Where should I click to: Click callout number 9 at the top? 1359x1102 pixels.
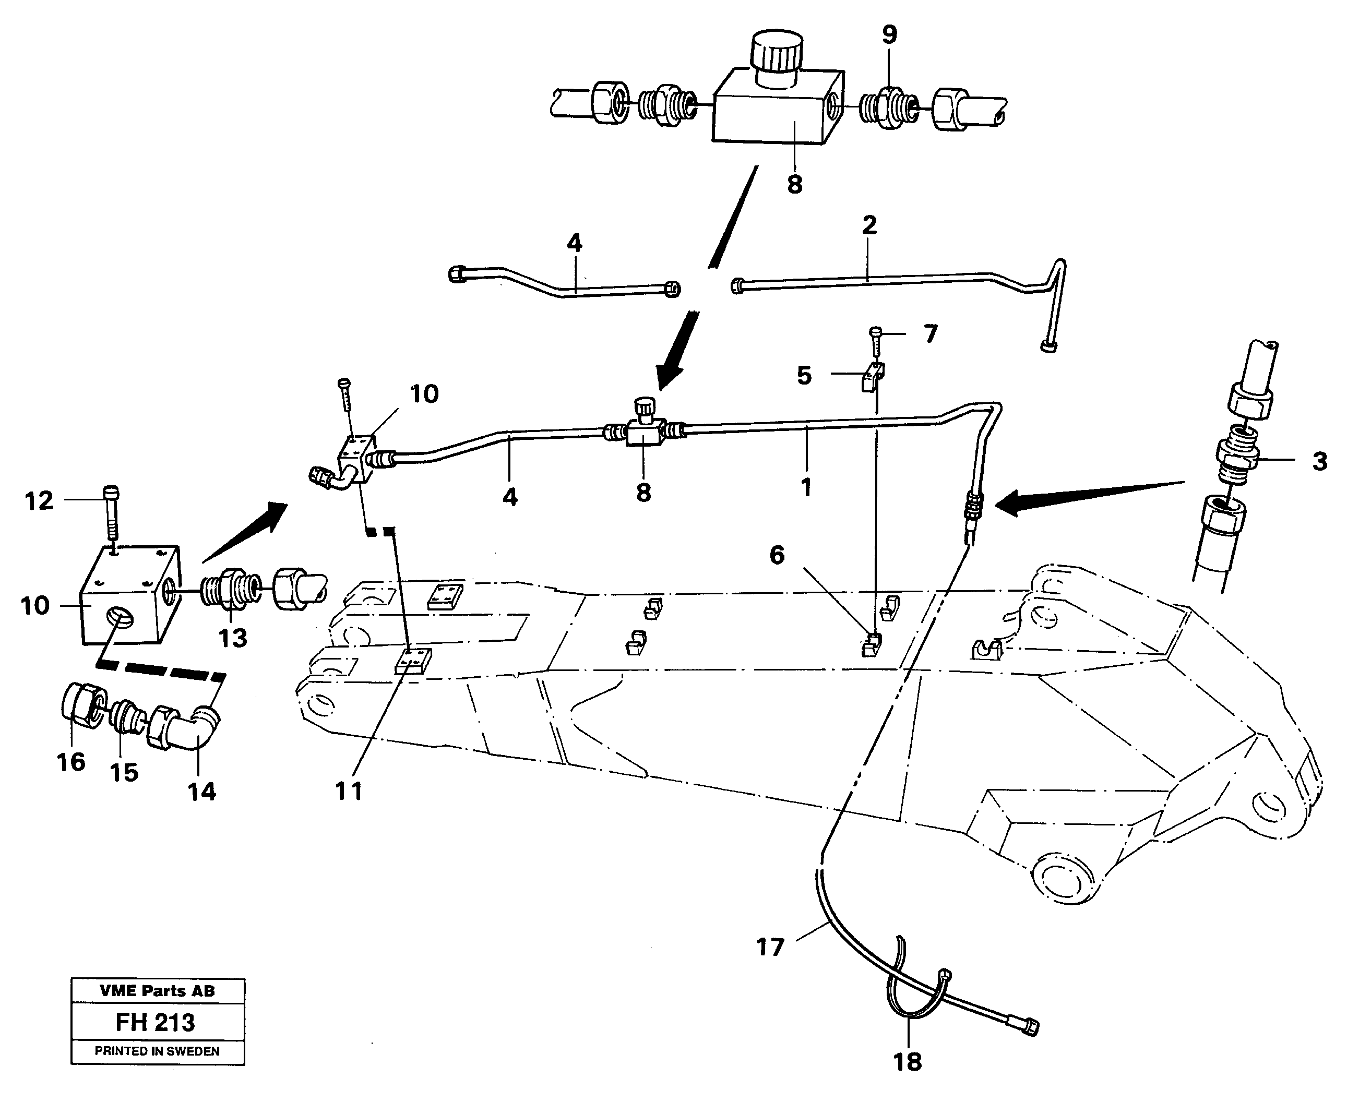889,35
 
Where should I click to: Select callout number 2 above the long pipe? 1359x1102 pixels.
869,225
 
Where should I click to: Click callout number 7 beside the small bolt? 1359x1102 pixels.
931,334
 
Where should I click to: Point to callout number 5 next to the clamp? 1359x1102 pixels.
804,376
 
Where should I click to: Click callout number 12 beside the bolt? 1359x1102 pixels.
39,501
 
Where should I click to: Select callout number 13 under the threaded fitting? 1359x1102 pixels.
232,639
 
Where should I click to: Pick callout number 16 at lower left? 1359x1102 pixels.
71,762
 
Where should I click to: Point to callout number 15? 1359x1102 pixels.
124,773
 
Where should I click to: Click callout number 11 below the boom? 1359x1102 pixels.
349,791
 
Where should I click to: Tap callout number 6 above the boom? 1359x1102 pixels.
777,556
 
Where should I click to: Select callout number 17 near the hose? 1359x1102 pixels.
771,948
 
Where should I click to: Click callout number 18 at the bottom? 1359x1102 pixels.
907,1061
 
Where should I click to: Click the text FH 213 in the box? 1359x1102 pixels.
156,1023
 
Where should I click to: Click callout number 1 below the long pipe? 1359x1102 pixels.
806,487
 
